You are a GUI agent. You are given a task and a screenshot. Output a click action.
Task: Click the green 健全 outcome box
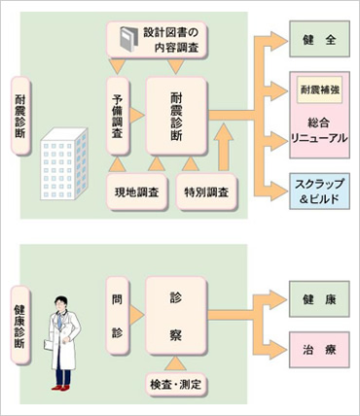(x=318, y=43)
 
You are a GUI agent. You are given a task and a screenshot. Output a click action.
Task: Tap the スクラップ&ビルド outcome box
(x=318, y=191)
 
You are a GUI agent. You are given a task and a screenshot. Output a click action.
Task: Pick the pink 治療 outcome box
(x=318, y=347)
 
